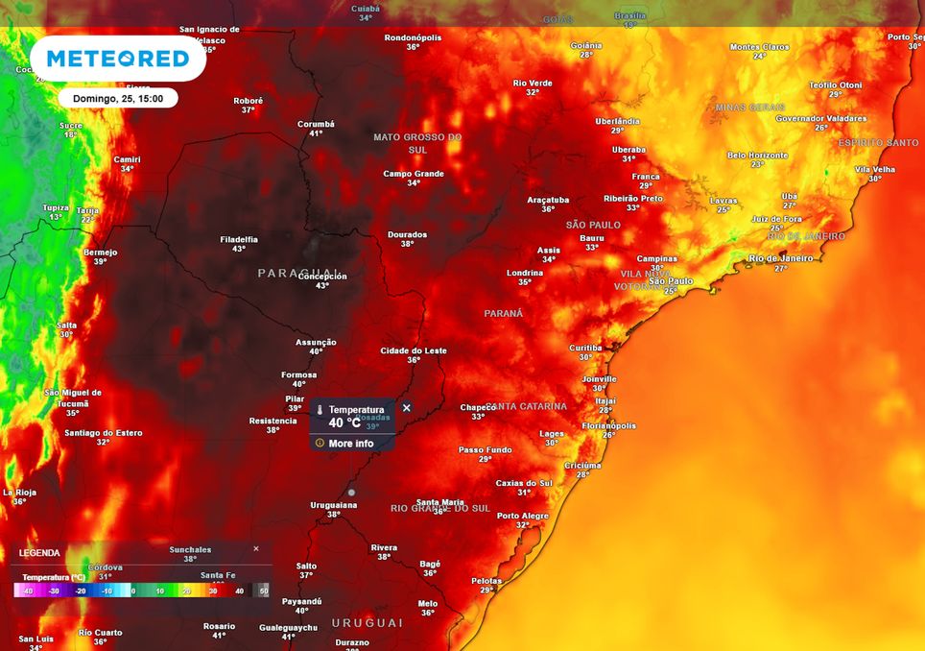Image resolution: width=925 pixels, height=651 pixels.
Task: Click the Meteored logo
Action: [118, 60]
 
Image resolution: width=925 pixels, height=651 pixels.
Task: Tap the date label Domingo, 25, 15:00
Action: [118, 98]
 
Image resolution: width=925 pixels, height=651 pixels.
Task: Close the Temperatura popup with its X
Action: [406, 408]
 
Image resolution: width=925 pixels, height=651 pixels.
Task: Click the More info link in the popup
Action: [350, 444]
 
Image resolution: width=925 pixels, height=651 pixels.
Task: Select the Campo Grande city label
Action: [414, 174]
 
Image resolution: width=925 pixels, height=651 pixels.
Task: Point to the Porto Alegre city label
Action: [523, 516]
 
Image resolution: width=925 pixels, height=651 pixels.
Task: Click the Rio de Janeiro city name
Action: [780, 257]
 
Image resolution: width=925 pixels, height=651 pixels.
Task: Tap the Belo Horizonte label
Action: [757, 155]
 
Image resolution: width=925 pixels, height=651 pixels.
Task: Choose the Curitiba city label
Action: [585, 348]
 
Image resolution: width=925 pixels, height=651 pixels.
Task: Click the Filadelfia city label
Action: [239, 239]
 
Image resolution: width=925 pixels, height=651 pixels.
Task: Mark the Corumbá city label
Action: [316, 124]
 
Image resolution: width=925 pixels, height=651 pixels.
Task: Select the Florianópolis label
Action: [608, 425]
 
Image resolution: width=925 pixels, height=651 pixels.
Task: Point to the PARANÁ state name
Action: [504, 314]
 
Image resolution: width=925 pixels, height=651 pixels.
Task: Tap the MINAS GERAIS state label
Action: [750, 108]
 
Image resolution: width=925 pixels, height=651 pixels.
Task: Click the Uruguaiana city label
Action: [333, 504]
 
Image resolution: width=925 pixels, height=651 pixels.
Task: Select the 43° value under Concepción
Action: [322, 285]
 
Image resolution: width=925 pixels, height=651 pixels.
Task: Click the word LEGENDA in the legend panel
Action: [39, 553]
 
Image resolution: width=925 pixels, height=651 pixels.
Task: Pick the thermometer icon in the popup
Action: [320, 411]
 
